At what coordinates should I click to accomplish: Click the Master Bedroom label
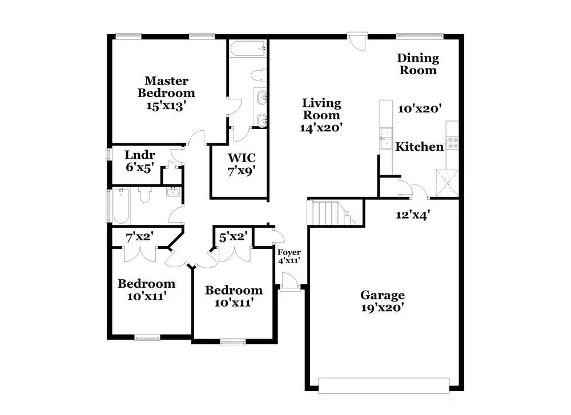coord(166,87)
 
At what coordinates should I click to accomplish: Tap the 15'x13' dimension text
coord(166,106)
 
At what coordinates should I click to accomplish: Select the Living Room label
coord(321,109)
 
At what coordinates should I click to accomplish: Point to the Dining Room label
coord(418,64)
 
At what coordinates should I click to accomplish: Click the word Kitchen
coord(420,147)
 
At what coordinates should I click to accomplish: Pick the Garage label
coord(383,295)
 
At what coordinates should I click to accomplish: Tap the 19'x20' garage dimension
coord(383,308)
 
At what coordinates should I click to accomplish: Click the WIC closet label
coord(241,158)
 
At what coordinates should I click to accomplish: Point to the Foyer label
coord(289,252)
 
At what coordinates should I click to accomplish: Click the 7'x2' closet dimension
coord(139,235)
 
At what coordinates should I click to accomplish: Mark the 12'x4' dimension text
coord(413,216)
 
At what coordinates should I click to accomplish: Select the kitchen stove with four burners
coord(453,142)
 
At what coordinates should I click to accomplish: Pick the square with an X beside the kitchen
coord(448,183)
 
